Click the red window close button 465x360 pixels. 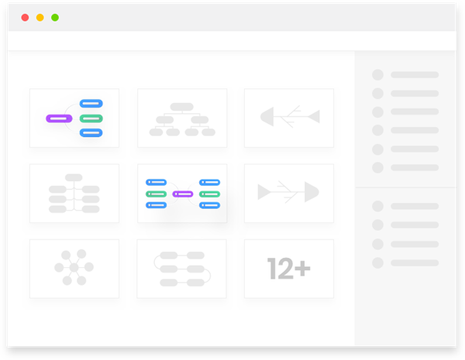coord(25,17)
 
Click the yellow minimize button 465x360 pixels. coord(40,17)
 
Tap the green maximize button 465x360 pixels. coord(55,17)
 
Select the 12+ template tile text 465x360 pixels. coord(289,269)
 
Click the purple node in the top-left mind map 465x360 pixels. coord(59,118)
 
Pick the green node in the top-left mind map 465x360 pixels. coord(91,118)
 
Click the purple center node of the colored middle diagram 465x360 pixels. coord(182,194)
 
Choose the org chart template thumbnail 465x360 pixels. coord(182,118)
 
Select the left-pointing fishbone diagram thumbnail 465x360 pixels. coord(289,118)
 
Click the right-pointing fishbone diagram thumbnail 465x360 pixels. coord(289,193)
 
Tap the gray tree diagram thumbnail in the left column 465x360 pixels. coord(74,194)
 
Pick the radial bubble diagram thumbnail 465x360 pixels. coord(74,268)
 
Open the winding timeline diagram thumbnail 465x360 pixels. coord(182,269)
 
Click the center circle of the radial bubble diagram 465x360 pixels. coord(74,268)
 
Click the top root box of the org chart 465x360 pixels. coord(182,106)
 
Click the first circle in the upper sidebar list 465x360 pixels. coord(377,75)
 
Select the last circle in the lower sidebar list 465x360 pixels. coord(377,262)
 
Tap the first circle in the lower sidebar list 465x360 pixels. coord(377,206)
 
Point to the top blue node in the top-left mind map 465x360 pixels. coord(91,104)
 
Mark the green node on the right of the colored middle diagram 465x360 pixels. coord(210,194)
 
